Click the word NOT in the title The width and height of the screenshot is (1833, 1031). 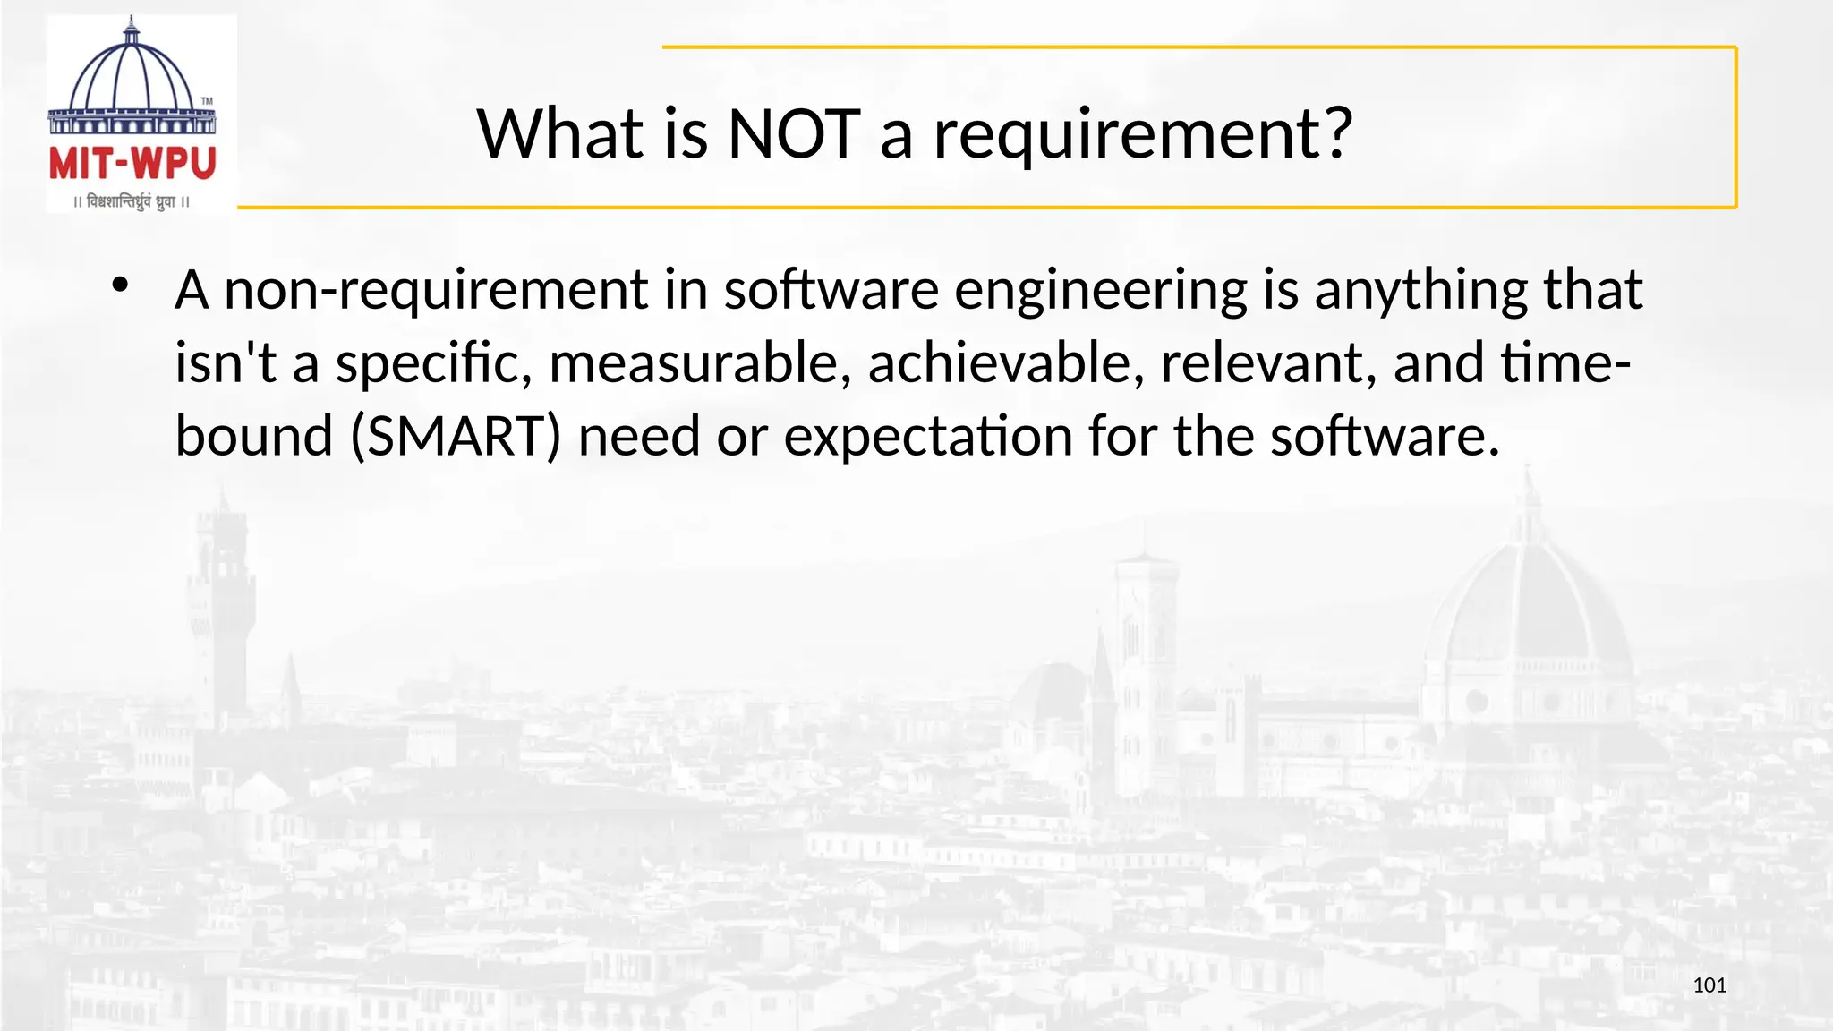tap(794, 134)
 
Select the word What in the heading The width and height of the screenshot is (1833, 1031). tap(560, 134)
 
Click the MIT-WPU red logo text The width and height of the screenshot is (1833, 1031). tap(132, 164)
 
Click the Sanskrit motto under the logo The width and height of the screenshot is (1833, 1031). tap(132, 201)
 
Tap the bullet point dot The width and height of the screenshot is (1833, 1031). tap(120, 285)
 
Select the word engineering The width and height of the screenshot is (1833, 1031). tap(1100, 292)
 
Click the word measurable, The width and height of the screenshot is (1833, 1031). tap(700, 363)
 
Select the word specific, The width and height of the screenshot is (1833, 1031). tap(433, 365)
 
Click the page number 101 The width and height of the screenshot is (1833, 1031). tap(1709, 985)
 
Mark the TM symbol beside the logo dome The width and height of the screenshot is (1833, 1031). tap(207, 101)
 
